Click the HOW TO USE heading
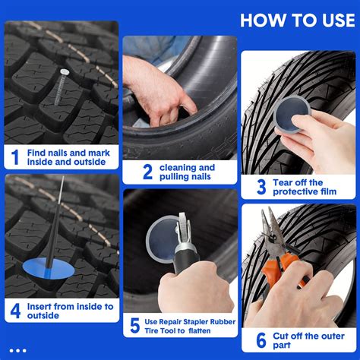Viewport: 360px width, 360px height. [295, 20]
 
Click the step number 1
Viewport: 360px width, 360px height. [14, 157]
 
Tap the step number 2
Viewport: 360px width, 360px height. [147, 172]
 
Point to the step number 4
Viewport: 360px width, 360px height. [14, 311]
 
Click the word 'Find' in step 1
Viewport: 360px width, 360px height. [37, 152]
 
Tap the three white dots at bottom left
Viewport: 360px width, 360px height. [17, 350]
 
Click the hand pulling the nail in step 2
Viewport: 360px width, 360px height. [156, 87]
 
